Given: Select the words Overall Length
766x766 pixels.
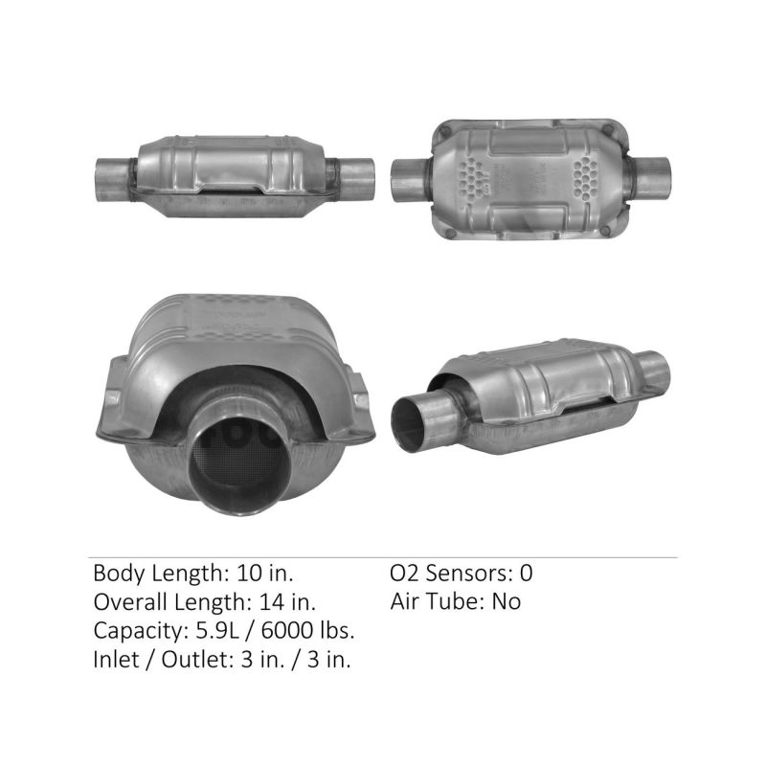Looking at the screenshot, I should pyautogui.click(x=169, y=602).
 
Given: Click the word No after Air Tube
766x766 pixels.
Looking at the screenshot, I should pyautogui.click(x=507, y=602).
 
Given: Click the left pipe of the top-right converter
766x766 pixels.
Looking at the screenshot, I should pyautogui.click(x=412, y=178).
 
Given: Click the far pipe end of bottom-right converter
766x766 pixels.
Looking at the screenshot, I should pyautogui.click(x=654, y=367).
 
